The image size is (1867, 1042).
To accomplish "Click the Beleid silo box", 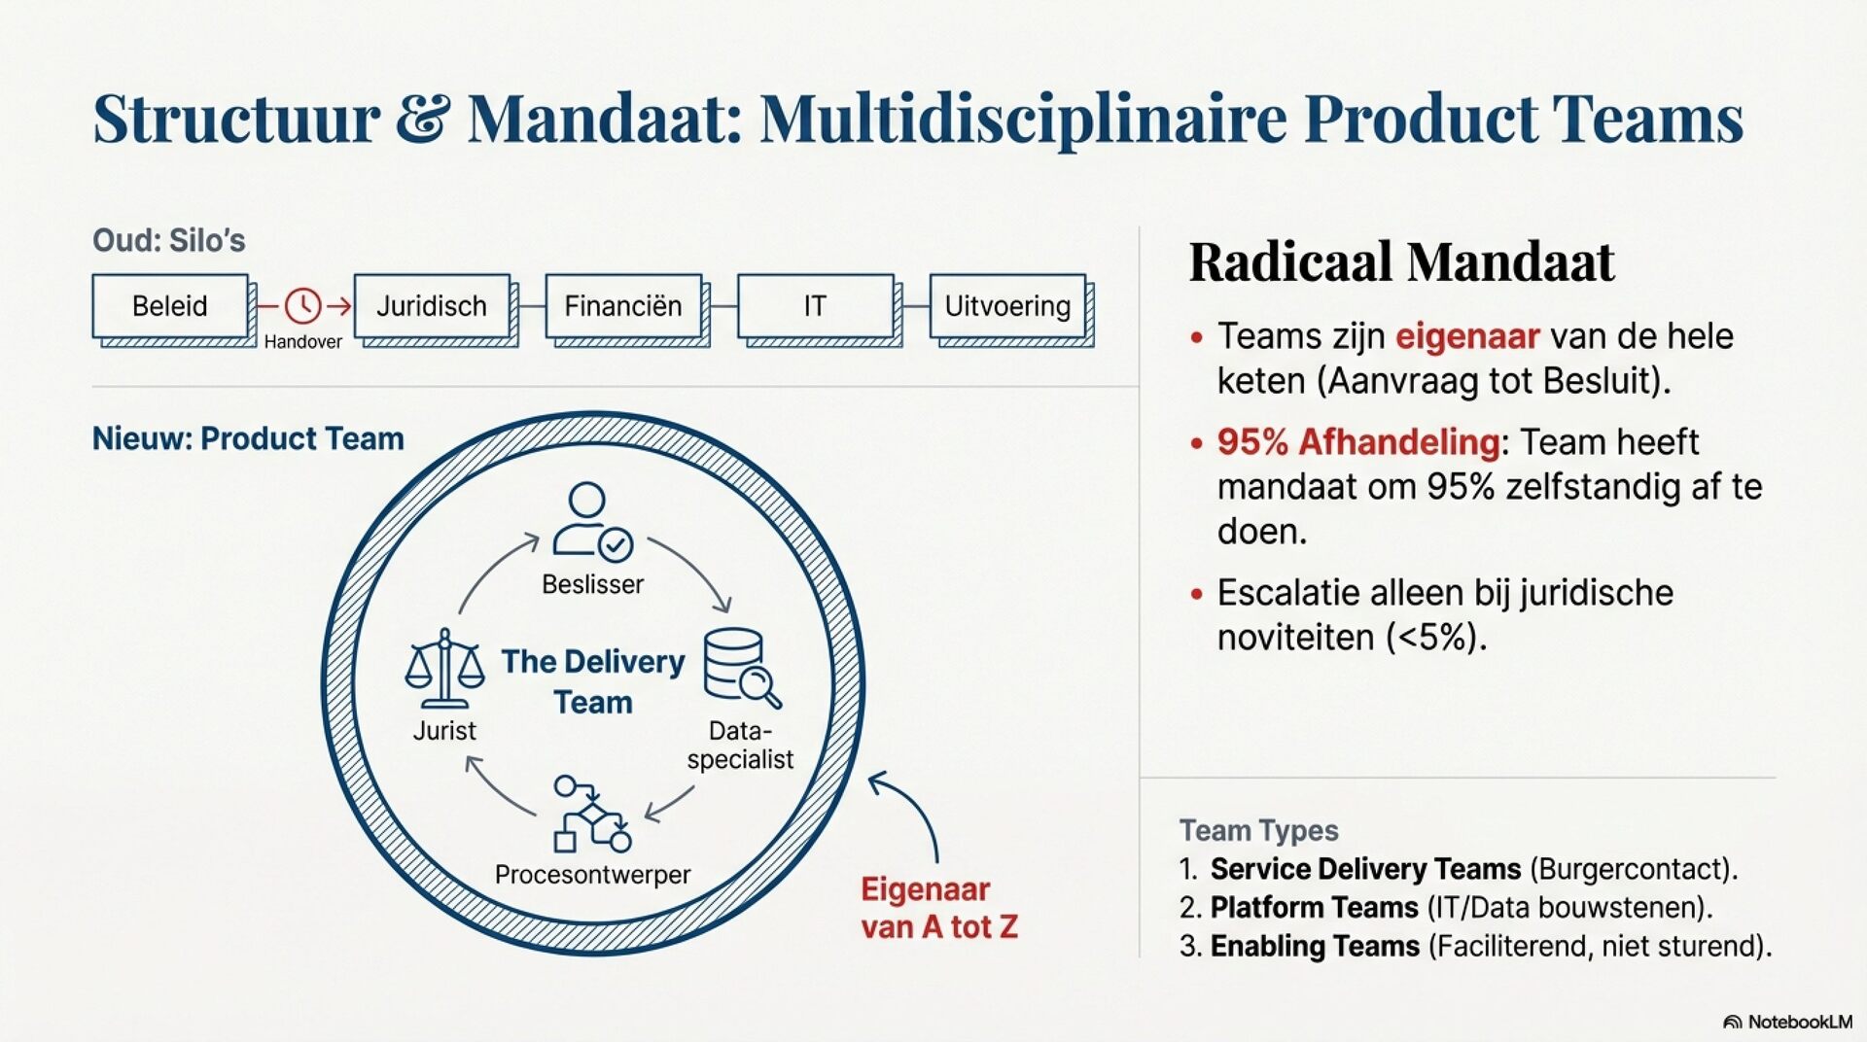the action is [x=170, y=306].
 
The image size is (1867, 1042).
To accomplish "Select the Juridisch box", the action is [x=432, y=306].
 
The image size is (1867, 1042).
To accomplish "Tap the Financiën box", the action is [x=623, y=306].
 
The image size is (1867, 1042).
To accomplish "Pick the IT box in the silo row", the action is [x=815, y=306].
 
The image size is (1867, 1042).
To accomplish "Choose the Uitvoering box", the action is [x=1007, y=306].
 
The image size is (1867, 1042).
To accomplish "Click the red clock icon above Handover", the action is [x=302, y=305].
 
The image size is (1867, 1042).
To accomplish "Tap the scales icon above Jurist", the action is [x=444, y=668].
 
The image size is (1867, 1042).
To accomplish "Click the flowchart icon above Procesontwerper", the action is [x=591, y=814].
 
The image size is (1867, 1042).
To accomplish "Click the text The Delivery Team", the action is [x=593, y=681].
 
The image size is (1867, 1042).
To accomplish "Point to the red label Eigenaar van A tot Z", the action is [x=938, y=908].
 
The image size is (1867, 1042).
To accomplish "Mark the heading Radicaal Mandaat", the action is [x=1401, y=261].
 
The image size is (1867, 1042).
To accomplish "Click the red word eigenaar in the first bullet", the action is [x=1467, y=336].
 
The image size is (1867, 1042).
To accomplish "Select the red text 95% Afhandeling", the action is [x=1357, y=442].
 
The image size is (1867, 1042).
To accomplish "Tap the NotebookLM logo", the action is [x=1787, y=1022].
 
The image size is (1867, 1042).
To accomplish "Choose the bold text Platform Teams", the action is [x=1314, y=907].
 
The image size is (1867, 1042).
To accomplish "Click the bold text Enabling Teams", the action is [x=1315, y=946].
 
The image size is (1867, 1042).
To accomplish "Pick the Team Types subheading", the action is [x=1258, y=830].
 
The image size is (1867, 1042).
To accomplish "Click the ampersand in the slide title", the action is [x=423, y=120].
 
